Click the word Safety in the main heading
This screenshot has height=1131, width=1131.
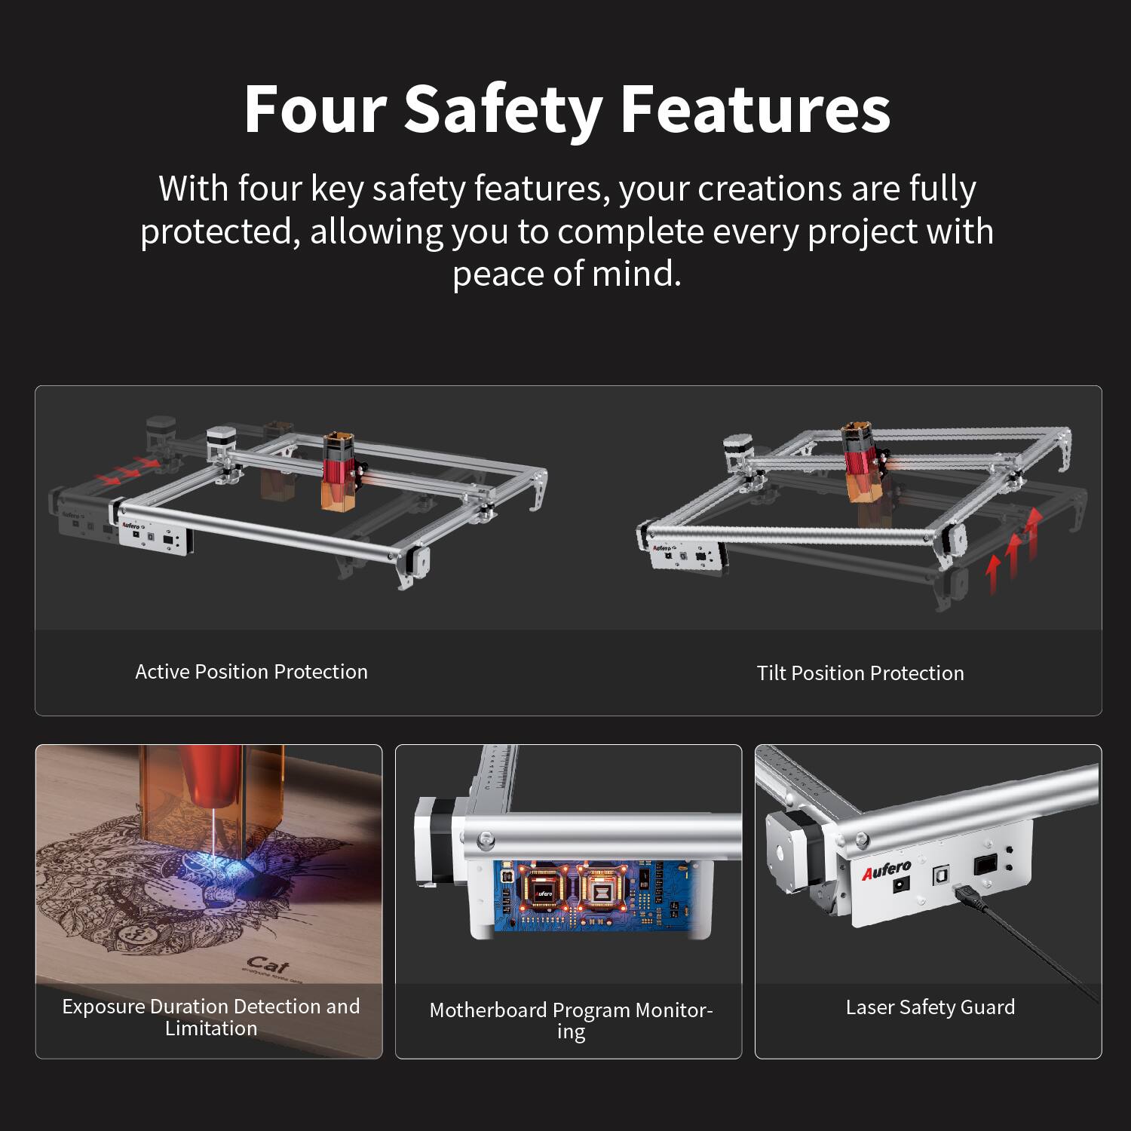pyautogui.click(x=502, y=109)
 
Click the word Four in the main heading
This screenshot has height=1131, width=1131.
pyautogui.click(x=315, y=109)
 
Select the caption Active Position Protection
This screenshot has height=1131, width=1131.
pyautogui.click(x=251, y=672)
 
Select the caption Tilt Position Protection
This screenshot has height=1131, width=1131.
pyautogui.click(x=860, y=673)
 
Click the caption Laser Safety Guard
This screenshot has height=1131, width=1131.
pyautogui.click(x=930, y=1007)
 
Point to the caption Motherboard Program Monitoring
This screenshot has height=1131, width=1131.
pyautogui.click(x=571, y=1020)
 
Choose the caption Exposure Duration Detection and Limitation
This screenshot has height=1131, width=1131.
pyautogui.click(x=211, y=1017)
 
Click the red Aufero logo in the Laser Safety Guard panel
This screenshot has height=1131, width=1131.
pyautogui.click(x=887, y=870)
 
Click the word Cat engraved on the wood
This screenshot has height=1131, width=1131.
pyautogui.click(x=267, y=964)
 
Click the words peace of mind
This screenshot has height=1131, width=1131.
pyautogui.click(x=567, y=273)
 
